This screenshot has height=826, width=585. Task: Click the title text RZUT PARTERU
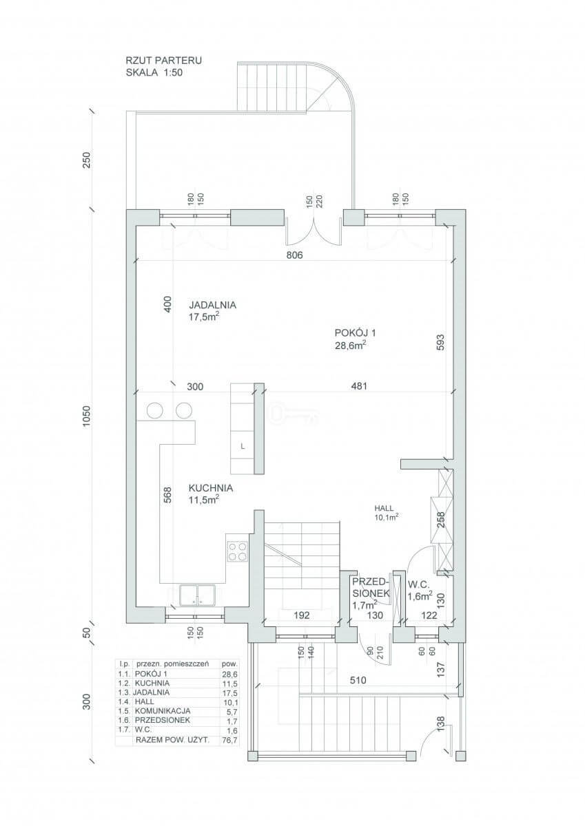tap(164, 61)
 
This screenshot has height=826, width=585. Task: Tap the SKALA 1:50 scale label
tap(154, 72)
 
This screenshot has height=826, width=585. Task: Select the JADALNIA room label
tap(213, 305)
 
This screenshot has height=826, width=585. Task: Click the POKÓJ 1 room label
tap(355, 333)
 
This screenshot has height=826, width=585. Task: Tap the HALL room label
tap(384, 508)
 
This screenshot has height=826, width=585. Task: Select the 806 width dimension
tap(294, 255)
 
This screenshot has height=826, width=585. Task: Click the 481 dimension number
tap(359, 386)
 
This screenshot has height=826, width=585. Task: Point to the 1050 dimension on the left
tap(86, 416)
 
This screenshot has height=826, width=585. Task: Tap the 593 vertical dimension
tap(441, 342)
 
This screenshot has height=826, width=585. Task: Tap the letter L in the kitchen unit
tap(243, 446)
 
